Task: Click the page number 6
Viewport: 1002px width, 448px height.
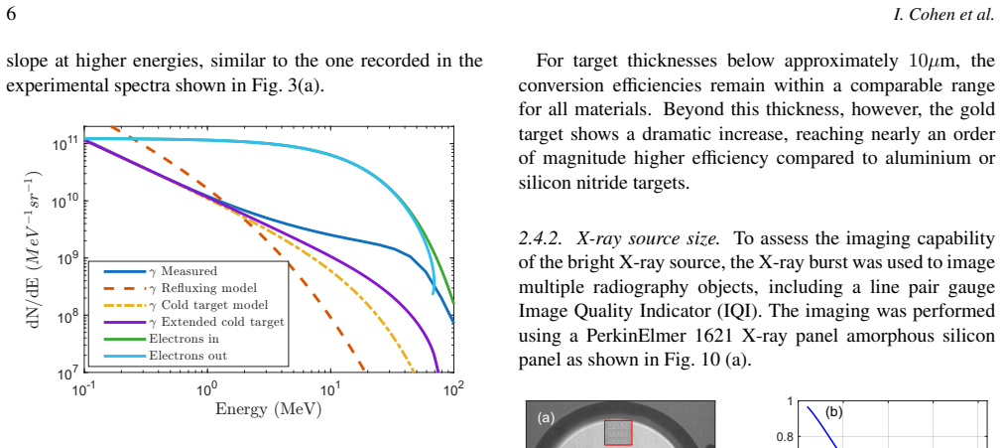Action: pos(12,15)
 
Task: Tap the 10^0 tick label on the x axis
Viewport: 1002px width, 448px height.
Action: pos(205,389)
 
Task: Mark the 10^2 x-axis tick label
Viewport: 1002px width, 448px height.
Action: pos(452,389)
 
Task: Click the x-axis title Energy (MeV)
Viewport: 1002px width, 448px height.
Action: pos(268,409)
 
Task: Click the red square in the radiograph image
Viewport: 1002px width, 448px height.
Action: pos(618,433)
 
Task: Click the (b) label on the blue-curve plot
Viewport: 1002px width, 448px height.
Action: pos(833,411)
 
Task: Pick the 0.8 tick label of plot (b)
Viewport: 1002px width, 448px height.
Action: pos(784,438)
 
